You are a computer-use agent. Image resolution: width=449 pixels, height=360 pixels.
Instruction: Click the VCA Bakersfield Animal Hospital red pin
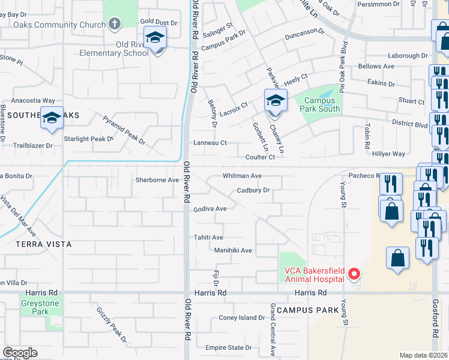(x=354, y=274)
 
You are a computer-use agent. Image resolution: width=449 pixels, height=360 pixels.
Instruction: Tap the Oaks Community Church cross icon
(x=114, y=24)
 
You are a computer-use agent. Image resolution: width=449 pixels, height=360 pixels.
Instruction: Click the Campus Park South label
(x=321, y=105)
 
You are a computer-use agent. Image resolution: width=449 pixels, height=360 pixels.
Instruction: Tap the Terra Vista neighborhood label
(x=44, y=244)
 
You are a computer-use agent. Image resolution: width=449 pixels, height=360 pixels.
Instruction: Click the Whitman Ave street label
(x=242, y=176)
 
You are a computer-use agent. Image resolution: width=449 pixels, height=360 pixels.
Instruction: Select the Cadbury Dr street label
(x=253, y=190)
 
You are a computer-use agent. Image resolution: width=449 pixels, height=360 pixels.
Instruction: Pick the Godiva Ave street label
(x=209, y=209)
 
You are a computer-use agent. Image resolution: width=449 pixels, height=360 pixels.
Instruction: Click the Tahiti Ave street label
(x=208, y=238)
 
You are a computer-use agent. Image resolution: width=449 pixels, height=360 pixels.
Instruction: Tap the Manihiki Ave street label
(x=233, y=250)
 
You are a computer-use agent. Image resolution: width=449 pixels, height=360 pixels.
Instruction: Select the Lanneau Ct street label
(x=209, y=143)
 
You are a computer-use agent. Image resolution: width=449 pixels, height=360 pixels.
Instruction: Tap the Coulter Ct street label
(x=260, y=157)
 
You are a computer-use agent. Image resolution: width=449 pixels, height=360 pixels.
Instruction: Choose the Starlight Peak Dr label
(x=89, y=139)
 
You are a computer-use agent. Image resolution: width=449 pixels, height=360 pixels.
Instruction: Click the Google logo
(x=20, y=353)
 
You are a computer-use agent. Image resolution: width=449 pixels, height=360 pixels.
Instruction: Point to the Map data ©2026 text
(x=423, y=355)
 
